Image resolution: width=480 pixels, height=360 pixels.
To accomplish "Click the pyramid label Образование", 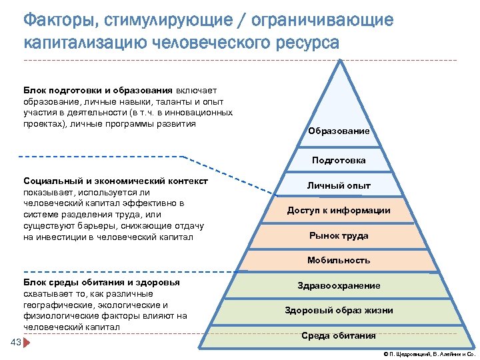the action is point(339,131).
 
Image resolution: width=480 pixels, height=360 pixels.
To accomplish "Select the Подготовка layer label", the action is point(339,160).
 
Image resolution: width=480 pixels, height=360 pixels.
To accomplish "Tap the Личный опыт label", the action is point(339,186).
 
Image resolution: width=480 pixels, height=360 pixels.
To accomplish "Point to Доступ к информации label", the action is point(339,211).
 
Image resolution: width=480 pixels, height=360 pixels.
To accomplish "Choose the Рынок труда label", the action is point(339,235).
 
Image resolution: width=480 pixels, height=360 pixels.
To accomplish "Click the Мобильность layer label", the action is point(339,261).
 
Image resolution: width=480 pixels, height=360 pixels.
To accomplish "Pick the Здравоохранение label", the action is point(339,286).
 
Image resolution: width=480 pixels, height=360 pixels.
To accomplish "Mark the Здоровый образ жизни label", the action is point(339,311).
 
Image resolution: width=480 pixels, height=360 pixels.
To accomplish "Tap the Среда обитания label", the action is point(339,335).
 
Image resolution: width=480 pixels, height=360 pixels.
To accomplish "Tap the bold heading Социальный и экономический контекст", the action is point(115,181).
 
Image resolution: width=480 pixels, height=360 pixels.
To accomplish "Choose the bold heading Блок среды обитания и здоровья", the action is point(101,283).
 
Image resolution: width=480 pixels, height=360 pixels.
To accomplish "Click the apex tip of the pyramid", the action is point(341,62).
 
